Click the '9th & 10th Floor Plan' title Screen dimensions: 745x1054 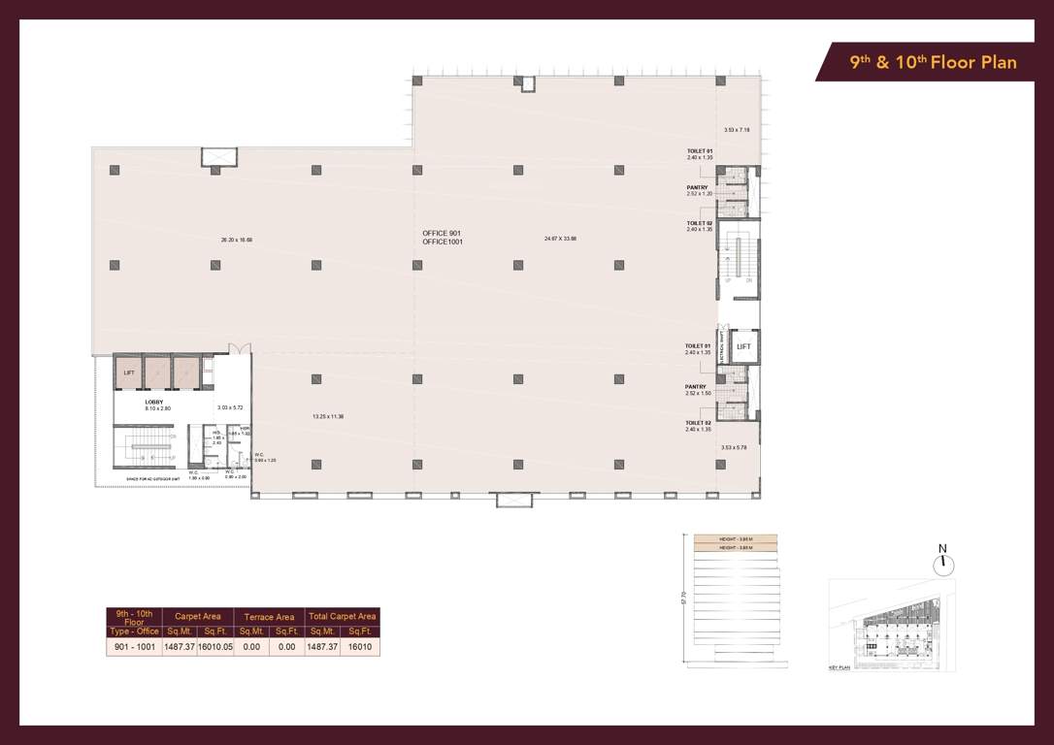tap(933, 63)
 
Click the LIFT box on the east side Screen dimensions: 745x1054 tap(743, 346)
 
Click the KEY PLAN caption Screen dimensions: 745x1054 tap(840, 668)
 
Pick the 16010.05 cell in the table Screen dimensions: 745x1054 tap(214, 646)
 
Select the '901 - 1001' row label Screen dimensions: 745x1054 tap(133, 646)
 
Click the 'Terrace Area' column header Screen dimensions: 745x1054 tap(270, 617)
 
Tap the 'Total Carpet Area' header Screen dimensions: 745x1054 tap(341, 617)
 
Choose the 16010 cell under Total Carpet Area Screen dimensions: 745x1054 tap(359, 646)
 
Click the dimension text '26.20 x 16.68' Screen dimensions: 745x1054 tap(237, 238)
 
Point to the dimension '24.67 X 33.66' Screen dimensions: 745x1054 tap(560, 238)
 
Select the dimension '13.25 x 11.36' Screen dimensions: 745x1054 tap(328, 416)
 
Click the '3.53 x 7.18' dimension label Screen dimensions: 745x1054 tap(737, 130)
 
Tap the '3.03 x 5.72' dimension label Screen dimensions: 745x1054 tap(229, 407)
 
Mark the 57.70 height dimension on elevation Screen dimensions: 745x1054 tap(684, 601)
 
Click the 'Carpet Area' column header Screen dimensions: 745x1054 tap(197, 617)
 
